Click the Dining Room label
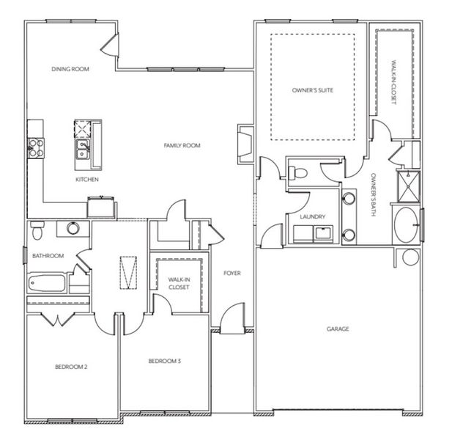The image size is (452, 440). (x=70, y=69)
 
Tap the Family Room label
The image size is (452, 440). (x=182, y=146)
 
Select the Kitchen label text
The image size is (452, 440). (x=87, y=179)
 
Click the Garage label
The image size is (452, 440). (x=338, y=329)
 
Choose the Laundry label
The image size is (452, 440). (x=312, y=217)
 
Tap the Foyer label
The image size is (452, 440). (x=232, y=274)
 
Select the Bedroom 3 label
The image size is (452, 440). (x=164, y=361)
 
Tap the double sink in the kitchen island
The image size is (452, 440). (x=83, y=151)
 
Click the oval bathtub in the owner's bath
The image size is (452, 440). (x=407, y=224)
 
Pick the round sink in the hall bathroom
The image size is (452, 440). (x=73, y=228)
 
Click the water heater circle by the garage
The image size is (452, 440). (x=411, y=257)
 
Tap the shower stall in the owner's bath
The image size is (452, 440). (x=407, y=186)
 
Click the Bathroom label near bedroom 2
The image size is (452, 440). (x=48, y=256)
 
